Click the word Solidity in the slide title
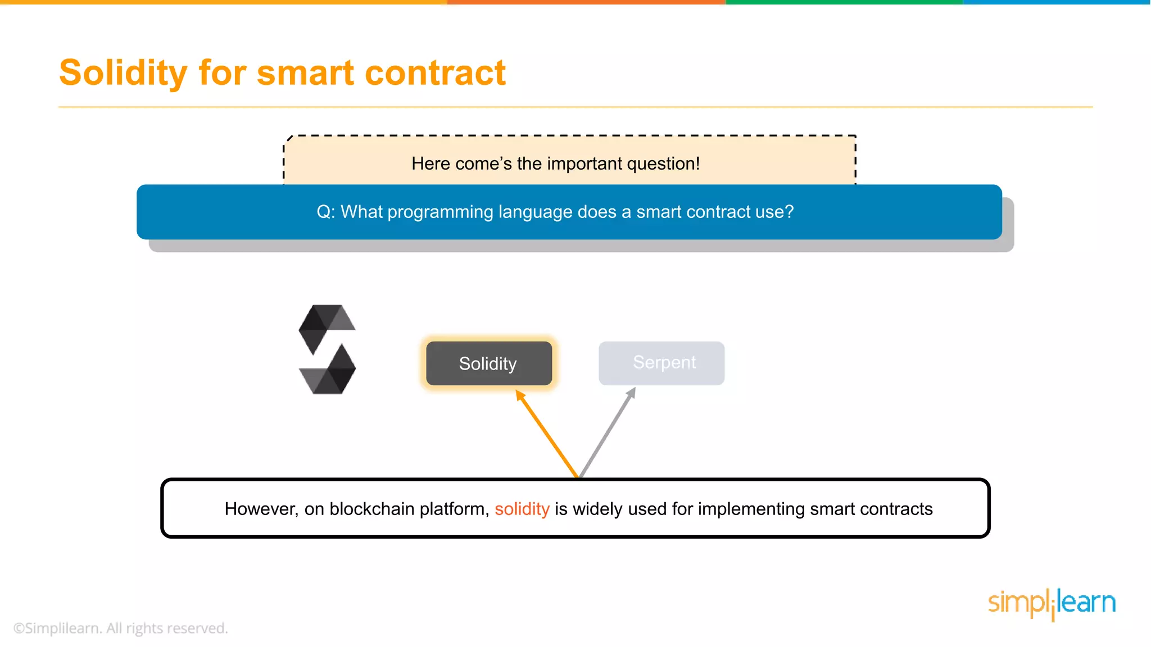click(123, 73)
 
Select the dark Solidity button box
click(488, 363)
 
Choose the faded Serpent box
click(661, 363)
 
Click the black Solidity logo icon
click(327, 349)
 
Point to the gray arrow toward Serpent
click(608, 432)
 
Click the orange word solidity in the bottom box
click(522, 509)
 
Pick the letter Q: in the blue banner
click(325, 212)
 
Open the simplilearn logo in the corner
click(1051, 603)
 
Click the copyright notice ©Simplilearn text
click(120, 628)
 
